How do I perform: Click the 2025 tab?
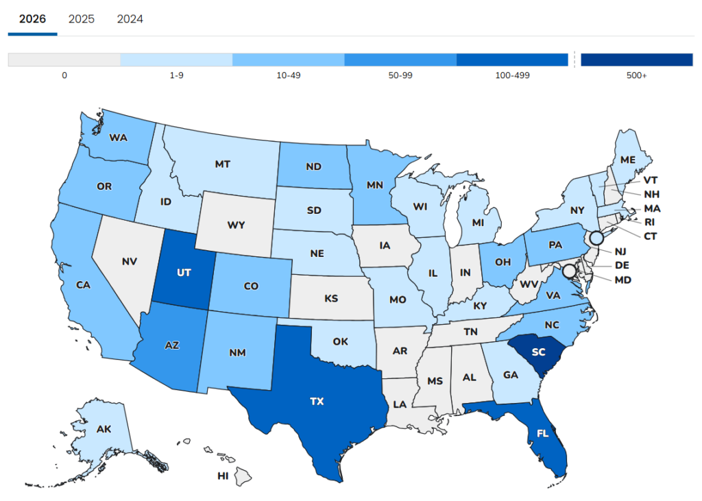(x=82, y=19)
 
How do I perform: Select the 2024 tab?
(x=130, y=19)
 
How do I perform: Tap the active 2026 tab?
(x=32, y=19)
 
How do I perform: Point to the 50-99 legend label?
(x=400, y=75)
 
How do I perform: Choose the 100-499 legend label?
(x=512, y=75)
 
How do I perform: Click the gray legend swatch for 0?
(x=64, y=60)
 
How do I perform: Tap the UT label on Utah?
(x=184, y=272)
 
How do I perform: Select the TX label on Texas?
(x=317, y=402)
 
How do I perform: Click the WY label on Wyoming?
(x=236, y=225)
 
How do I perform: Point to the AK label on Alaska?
(x=104, y=430)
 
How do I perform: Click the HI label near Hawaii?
(x=223, y=476)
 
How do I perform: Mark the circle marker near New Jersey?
(x=596, y=238)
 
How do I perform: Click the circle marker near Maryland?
(x=569, y=271)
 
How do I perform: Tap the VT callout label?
(x=651, y=180)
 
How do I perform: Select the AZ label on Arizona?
(x=171, y=345)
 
